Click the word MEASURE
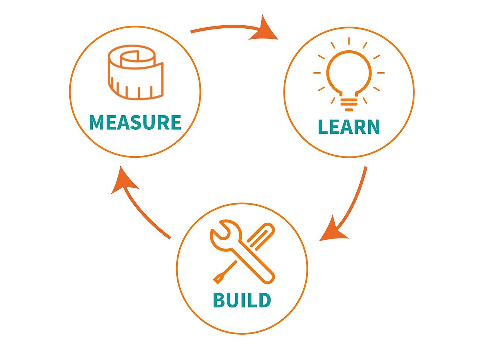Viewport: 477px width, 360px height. pyautogui.click(x=135, y=123)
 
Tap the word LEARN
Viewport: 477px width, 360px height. pyautogui.click(x=349, y=127)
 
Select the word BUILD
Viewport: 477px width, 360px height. pyautogui.click(x=242, y=300)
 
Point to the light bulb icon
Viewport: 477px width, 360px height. pyautogui.click(x=349, y=75)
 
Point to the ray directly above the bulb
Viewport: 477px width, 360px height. pyautogui.click(x=349, y=41)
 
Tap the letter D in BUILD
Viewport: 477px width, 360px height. pyautogui.click(x=263, y=300)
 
